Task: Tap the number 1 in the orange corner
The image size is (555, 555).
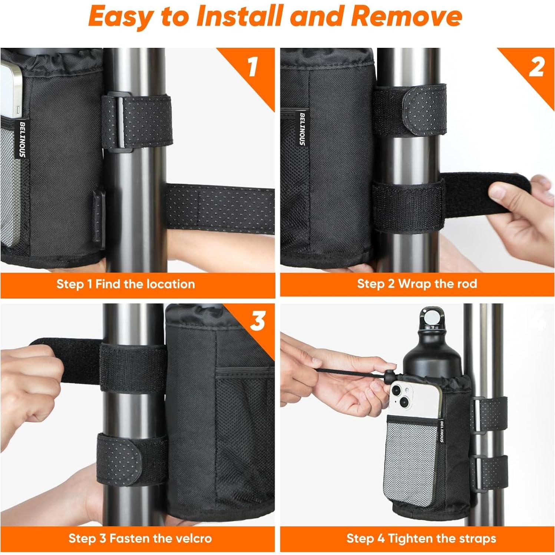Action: (253, 67)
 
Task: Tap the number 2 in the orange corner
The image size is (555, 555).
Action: (536, 67)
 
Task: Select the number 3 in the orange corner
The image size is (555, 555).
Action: (258, 321)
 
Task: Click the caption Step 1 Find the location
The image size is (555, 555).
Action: (126, 284)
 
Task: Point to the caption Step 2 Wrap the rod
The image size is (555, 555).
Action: (417, 284)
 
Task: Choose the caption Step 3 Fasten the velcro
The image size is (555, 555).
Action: (140, 538)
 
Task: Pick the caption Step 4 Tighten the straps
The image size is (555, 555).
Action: (421, 538)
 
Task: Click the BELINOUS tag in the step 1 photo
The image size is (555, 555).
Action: (22, 139)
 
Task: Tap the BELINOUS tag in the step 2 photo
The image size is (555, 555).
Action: (302, 129)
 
